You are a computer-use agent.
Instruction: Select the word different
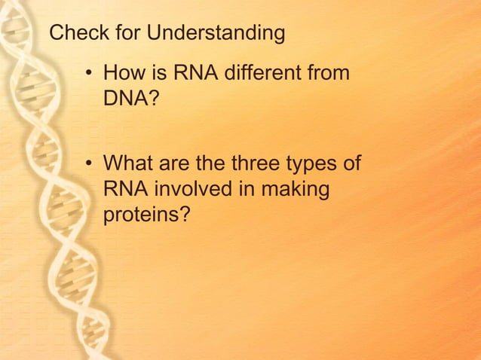(262, 74)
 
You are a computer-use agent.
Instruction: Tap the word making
(295, 190)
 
